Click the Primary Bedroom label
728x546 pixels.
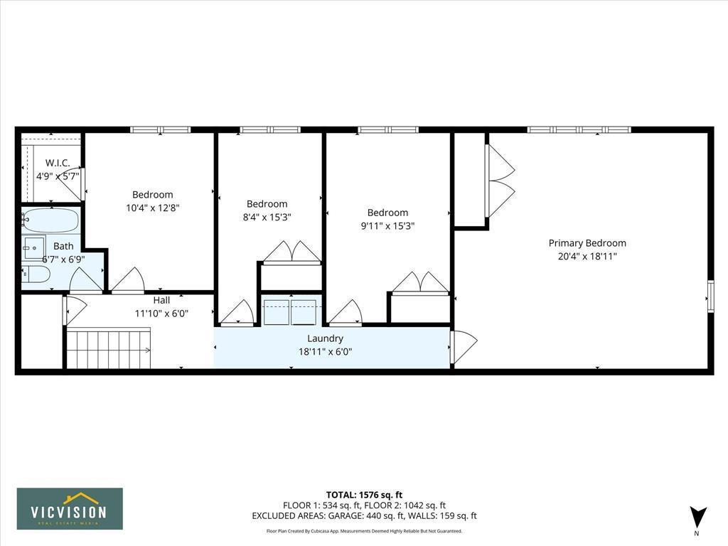pyautogui.click(x=587, y=243)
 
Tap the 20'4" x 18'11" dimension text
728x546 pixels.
pyautogui.click(x=587, y=256)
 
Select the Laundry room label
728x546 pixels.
pyautogui.click(x=325, y=338)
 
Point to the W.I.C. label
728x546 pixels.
pyautogui.click(x=58, y=163)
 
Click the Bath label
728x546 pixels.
pyautogui.click(x=63, y=247)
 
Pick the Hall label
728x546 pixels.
pyautogui.click(x=161, y=300)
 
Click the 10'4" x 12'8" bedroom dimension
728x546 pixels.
pyautogui.click(x=152, y=208)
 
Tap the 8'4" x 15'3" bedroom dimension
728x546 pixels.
pyautogui.click(x=267, y=217)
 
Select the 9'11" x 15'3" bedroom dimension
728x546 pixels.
pyautogui.click(x=387, y=225)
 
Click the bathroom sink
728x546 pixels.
pyautogui.click(x=33, y=247)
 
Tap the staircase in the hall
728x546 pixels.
pyautogui.click(x=108, y=348)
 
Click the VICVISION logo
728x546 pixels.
pyautogui.click(x=70, y=508)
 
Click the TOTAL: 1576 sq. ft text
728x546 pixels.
pyautogui.click(x=364, y=495)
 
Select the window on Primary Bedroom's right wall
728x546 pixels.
pyautogui.click(x=710, y=296)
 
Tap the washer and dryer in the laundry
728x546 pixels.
pyautogui.click(x=290, y=312)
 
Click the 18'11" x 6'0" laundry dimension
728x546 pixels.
pyautogui.click(x=325, y=351)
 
